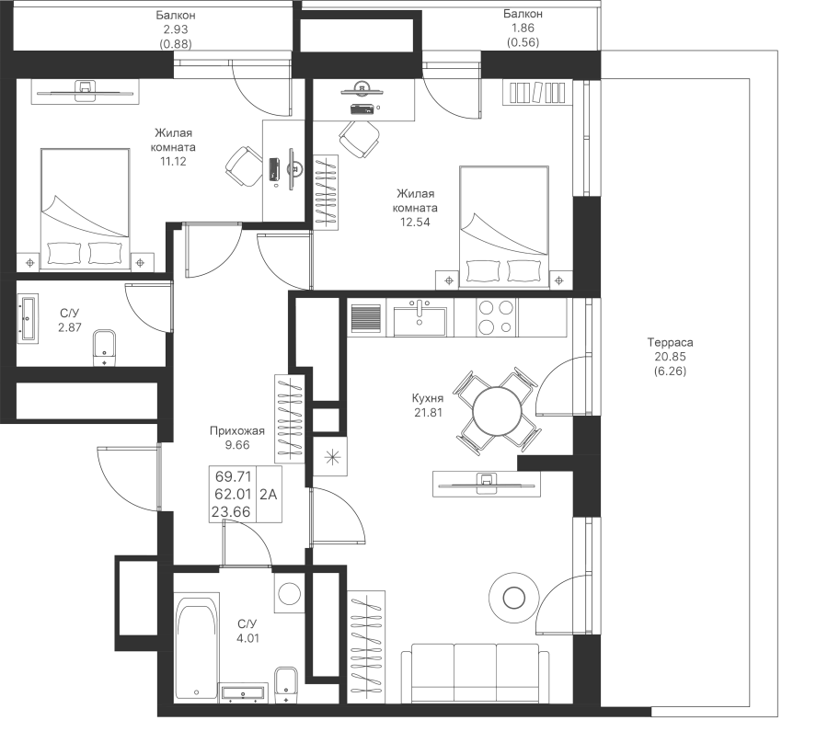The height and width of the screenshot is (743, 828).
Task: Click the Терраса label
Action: tap(670, 342)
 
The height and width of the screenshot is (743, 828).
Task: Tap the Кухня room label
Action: tap(428, 398)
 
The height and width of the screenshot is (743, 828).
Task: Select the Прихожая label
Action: tap(237, 430)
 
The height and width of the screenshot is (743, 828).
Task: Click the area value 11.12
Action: tap(173, 162)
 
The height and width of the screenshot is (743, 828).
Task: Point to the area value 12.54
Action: tap(415, 223)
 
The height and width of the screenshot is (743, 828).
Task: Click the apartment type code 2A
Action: tap(269, 495)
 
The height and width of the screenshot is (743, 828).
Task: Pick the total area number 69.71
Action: tap(233, 476)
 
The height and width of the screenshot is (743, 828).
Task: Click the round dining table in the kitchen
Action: tap(498, 411)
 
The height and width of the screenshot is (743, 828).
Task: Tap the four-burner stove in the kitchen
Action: tap(497, 317)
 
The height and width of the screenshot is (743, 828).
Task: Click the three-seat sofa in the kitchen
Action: tap(476, 673)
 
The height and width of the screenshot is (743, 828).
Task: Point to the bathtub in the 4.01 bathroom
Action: tap(197, 647)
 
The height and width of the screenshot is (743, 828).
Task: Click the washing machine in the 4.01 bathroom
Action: tap(290, 593)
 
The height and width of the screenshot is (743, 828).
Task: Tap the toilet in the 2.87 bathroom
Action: tap(105, 349)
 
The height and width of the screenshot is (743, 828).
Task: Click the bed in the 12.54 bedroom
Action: tap(504, 227)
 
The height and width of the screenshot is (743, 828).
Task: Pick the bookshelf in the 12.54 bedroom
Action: tap(537, 93)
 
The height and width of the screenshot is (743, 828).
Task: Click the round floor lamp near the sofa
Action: tap(513, 598)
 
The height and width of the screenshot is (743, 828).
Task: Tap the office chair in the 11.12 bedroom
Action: tap(244, 166)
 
